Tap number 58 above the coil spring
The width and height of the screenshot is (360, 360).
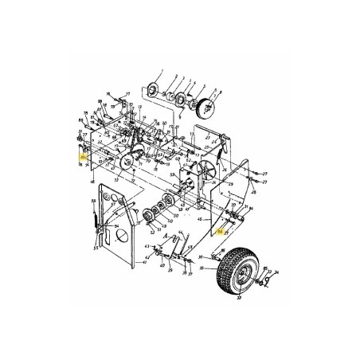[x=93, y=200]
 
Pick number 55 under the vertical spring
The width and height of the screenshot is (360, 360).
[x=96, y=248]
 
